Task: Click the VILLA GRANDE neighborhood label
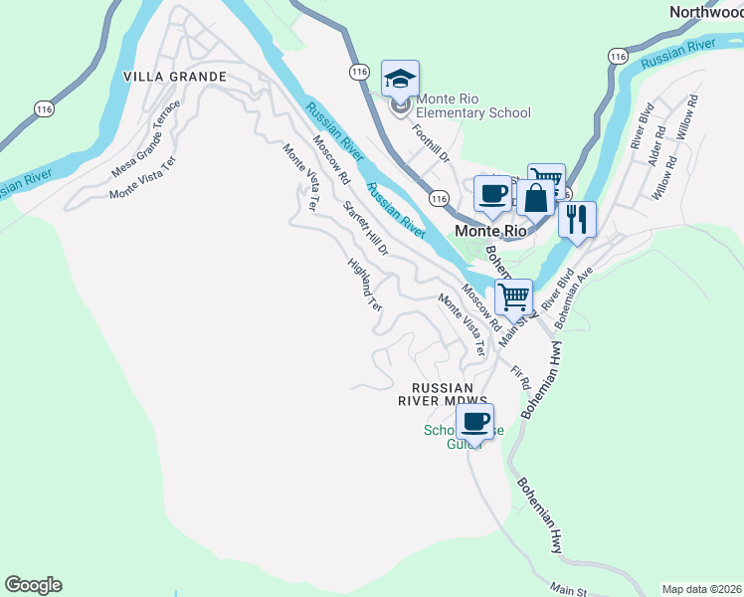[x=175, y=77]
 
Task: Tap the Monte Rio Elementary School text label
[x=473, y=105]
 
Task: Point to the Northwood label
[x=706, y=13]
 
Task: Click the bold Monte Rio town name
[x=489, y=230]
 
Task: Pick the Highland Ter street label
[x=365, y=286]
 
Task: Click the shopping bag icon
[x=535, y=197]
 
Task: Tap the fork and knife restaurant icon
[x=577, y=219]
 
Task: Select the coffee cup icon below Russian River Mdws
[x=475, y=421]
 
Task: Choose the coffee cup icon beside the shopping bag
[x=491, y=192]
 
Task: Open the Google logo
[x=33, y=584]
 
